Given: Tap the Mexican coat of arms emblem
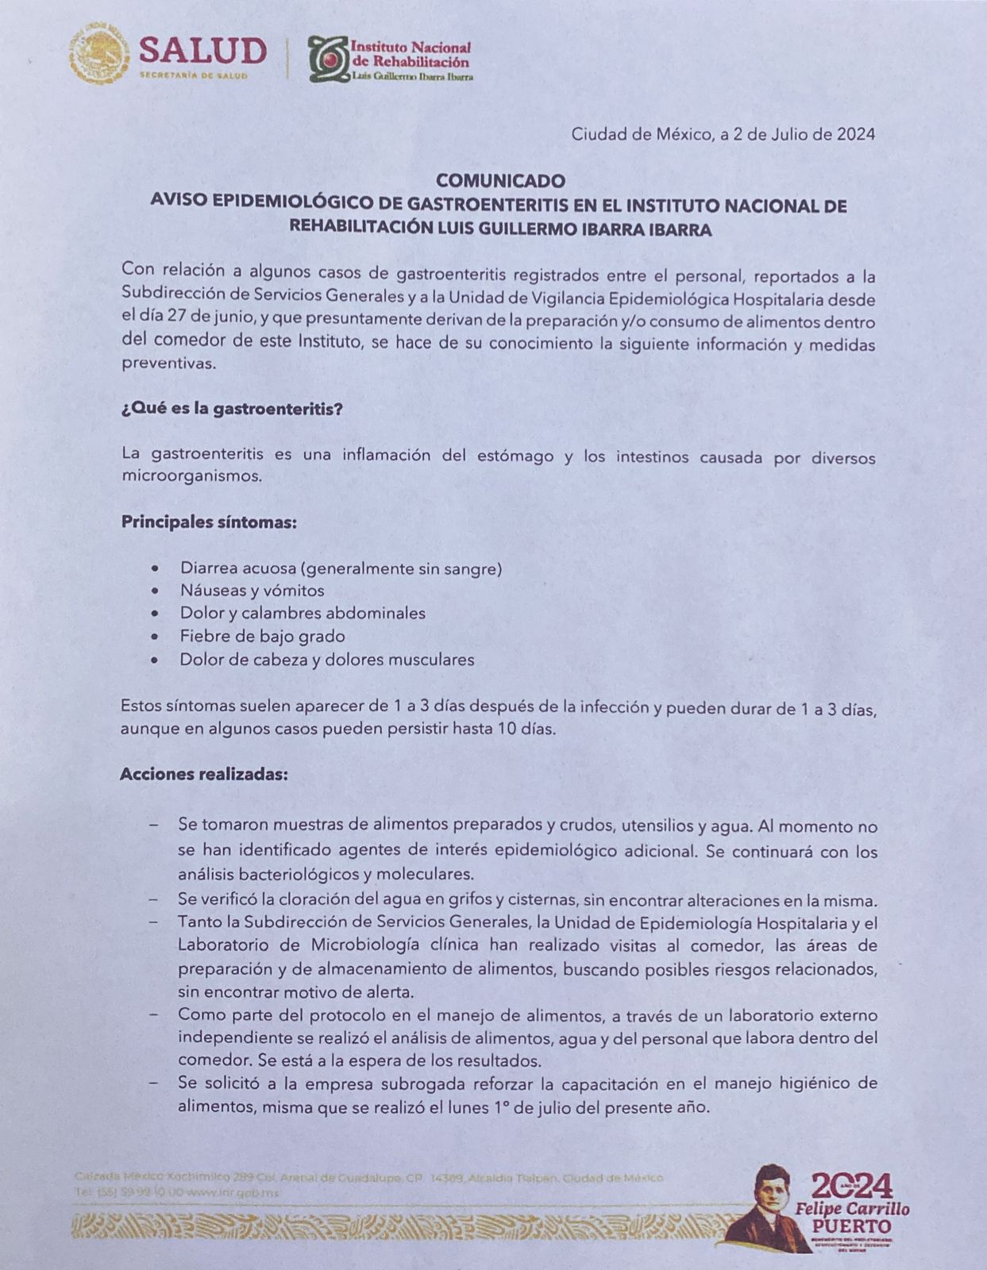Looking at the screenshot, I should click(x=99, y=54).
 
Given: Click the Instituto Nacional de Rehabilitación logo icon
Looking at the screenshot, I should click(x=327, y=58).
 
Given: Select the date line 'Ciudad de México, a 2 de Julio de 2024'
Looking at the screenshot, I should click(x=723, y=134).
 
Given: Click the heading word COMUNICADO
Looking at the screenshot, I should click(x=500, y=181).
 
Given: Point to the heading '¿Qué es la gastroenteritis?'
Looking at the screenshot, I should click(x=232, y=410).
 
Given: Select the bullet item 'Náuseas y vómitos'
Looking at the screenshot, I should click(x=252, y=591).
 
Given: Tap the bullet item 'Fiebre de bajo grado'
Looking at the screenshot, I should click(x=262, y=636).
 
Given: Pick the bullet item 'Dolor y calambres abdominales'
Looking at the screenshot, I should click(x=303, y=613).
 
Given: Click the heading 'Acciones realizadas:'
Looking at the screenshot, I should click(x=203, y=774).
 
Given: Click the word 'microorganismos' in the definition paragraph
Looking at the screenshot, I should click(x=191, y=477).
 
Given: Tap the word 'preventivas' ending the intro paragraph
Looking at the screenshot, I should click(x=168, y=364).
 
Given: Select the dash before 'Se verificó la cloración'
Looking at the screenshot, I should click(x=153, y=901).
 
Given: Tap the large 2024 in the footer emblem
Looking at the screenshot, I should click(x=851, y=1186).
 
